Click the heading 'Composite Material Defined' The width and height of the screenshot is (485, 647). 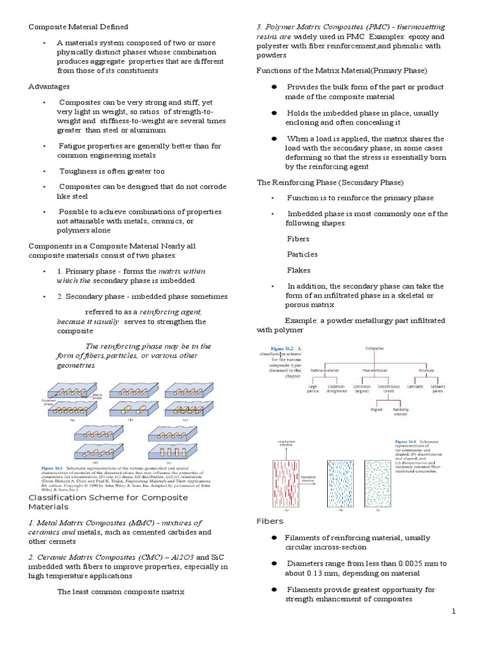78,27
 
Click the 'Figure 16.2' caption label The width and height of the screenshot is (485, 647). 283,349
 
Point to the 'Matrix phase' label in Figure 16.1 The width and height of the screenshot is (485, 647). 99,396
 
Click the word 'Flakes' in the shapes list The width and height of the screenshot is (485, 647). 299,269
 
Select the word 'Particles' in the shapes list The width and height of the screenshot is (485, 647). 302,254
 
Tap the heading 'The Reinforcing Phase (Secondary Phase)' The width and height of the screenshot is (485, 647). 330,183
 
